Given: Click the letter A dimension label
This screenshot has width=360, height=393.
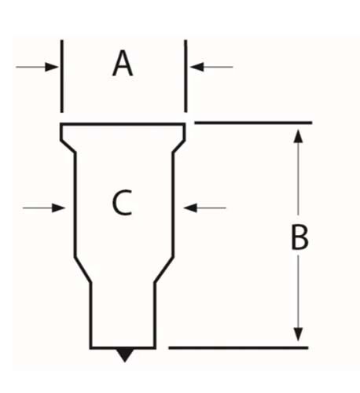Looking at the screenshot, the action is pyautogui.click(x=123, y=64).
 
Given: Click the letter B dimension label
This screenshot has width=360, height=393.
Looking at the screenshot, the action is pyautogui.click(x=299, y=237).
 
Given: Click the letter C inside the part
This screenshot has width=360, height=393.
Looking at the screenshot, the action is pyautogui.click(x=122, y=203).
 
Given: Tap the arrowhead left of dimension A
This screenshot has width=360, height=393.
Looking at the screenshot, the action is pyautogui.click(x=52, y=67).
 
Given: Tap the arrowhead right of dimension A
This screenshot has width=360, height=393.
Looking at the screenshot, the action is pyautogui.click(x=197, y=67).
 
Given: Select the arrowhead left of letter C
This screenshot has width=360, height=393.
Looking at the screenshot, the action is pyautogui.click(x=58, y=208).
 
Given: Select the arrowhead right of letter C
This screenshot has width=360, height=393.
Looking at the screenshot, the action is pyautogui.click(x=190, y=208).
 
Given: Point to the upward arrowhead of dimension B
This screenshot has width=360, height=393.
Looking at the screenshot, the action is pyautogui.click(x=298, y=136).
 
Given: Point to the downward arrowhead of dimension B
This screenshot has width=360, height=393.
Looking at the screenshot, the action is pyautogui.click(x=298, y=334).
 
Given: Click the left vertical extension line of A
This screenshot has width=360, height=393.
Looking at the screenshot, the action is pyautogui.click(x=62, y=76).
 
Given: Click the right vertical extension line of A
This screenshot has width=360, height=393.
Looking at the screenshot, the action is pyautogui.click(x=186, y=76).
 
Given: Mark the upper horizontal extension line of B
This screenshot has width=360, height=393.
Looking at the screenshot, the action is pyautogui.click(x=253, y=123).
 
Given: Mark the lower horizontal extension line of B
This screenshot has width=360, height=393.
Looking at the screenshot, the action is pyautogui.click(x=238, y=348).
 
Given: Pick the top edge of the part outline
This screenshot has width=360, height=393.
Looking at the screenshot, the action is pyautogui.click(x=123, y=124).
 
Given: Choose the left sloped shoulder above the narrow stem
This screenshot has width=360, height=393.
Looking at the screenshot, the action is pyautogui.click(x=83, y=270).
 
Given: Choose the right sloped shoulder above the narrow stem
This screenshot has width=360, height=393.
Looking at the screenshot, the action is pyautogui.click(x=163, y=270).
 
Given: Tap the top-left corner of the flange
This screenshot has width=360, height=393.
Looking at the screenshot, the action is pyautogui.click(x=61, y=124).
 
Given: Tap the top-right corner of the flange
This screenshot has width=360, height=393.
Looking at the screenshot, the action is pyautogui.click(x=185, y=124).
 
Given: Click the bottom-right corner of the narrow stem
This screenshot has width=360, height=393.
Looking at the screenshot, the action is pyautogui.click(x=155, y=348).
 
